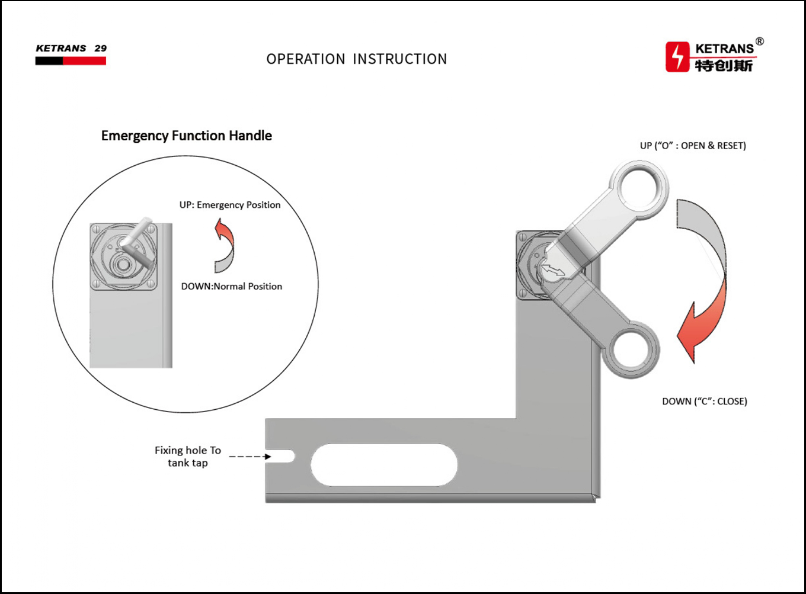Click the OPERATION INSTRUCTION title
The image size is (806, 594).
[x=357, y=59]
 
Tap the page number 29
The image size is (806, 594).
[x=100, y=48]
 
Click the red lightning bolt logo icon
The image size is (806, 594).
[x=677, y=56]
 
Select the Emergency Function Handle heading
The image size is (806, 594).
[x=186, y=136]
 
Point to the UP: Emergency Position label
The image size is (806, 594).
[x=230, y=205]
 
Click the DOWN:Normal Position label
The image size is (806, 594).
[x=231, y=287]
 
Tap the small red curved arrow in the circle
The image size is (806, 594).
[x=225, y=245]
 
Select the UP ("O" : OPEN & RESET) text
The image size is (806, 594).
[x=693, y=146]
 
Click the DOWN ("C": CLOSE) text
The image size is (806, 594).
[x=705, y=402]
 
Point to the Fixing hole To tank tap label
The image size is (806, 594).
[x=188, y=457]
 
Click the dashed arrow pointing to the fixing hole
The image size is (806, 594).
[x=250, y=457]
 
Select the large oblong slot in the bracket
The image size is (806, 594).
[x=383, y=465]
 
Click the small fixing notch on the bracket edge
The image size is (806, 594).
[x=280, y=456]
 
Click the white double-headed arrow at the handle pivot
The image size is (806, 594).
[x=554, y=269]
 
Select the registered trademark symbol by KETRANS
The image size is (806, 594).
[x=760, y=41]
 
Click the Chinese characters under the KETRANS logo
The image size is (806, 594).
[x=724, y=66]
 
